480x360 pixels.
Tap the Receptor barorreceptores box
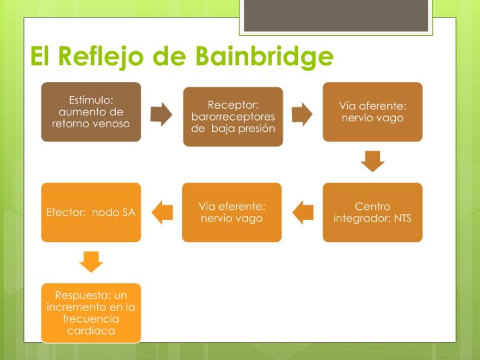coord(233,117)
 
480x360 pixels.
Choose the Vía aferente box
coord(373,112)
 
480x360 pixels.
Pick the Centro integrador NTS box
coord(373,212)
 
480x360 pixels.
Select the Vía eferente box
coord(232,212)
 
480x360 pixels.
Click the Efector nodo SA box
coord(91,212)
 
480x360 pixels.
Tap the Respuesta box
coord(91,313)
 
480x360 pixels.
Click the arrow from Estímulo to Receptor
coord(161,115)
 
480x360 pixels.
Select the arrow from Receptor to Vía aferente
coord(302,115)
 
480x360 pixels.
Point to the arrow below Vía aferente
coord(373,161)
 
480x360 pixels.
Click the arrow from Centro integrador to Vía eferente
coord(303,213)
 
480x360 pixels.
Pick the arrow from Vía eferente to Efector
coord(162,213)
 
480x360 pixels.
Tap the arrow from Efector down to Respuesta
coord(91,261)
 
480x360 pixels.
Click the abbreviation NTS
coord(402,218)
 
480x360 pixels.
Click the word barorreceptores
coord(233,117)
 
